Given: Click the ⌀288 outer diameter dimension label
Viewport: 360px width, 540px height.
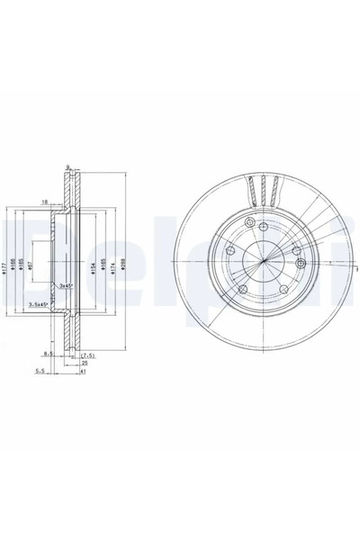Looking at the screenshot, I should point(123,266).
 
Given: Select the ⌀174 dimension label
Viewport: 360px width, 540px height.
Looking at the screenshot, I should point(113,266).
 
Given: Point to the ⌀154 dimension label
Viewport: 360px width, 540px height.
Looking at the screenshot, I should point(94,266).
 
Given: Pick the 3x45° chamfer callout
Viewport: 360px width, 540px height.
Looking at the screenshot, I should point(66,285).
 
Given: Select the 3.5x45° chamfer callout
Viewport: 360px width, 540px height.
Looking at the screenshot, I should point(40,306).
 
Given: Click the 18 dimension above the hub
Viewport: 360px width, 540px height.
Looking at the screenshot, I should point(43,203).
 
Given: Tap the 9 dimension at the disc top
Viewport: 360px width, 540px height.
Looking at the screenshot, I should point(67,165).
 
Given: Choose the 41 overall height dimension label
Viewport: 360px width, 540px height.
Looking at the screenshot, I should point(82,371).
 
